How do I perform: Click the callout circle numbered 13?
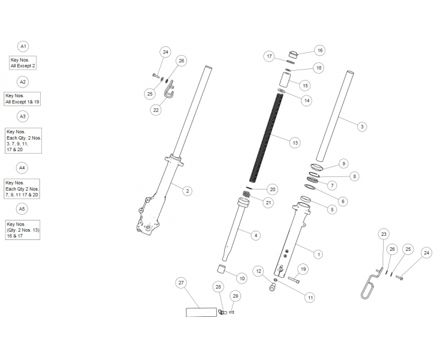[294, 143]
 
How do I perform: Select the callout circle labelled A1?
[23, 46]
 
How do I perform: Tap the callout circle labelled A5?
[22, 208]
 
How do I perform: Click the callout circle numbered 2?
[188, 191]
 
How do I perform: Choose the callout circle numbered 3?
[361, 127]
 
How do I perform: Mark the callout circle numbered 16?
[320, 51]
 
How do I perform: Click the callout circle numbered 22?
[156, 110]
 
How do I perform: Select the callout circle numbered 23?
[384, 234]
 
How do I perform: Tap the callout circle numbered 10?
[242, 278]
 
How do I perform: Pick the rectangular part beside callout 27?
[202, 312]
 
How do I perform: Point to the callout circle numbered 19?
[303, 269]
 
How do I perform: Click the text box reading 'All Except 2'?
[23, 62]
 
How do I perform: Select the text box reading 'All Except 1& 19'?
[22, 99]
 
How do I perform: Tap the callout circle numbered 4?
[256, 235]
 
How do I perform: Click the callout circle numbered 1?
[318, 254]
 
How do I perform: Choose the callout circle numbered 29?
[236, 296]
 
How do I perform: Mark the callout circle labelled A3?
[22, 116]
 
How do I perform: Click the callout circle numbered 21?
[268, 203]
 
